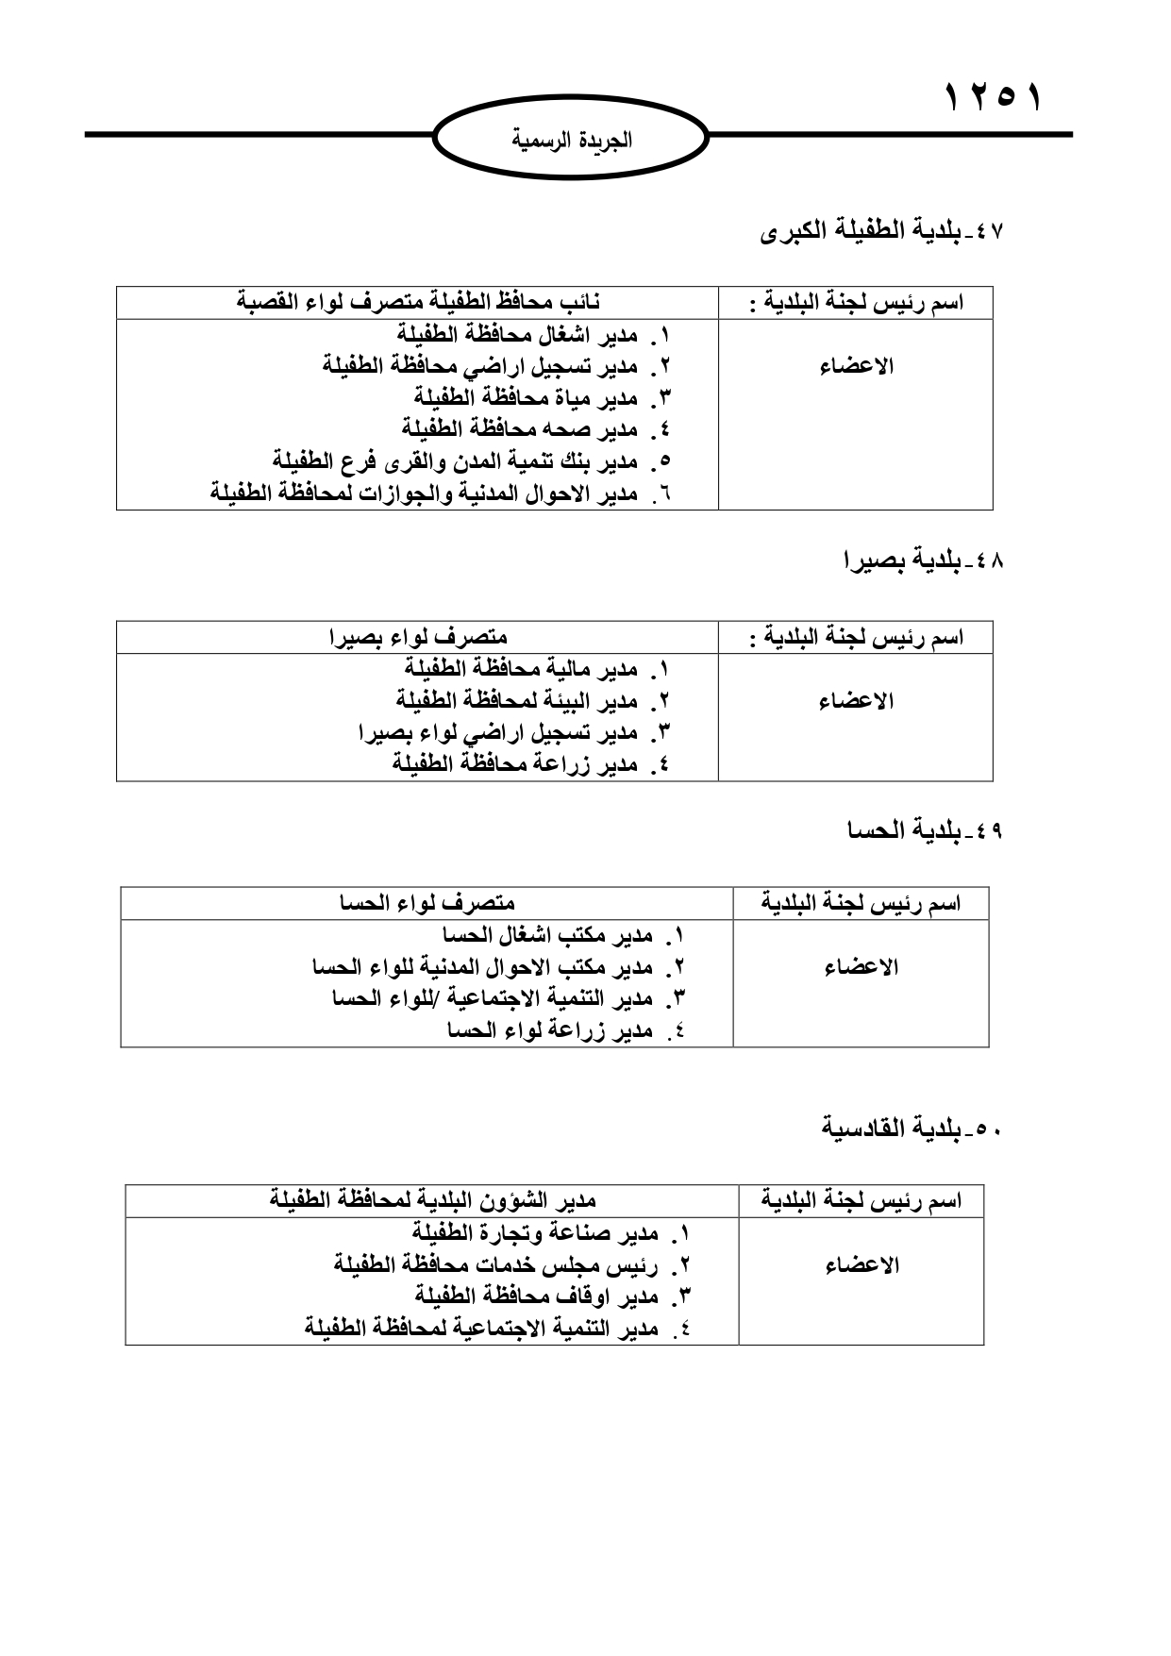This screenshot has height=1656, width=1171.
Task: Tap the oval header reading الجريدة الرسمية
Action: [572, 141]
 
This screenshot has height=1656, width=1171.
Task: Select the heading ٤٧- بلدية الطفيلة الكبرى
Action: [882, 231]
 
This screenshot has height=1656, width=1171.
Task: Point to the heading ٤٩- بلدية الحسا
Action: [925, 830]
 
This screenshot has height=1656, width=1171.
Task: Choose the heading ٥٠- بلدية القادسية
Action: [912, 1129]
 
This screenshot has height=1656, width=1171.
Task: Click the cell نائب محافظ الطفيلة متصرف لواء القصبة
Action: [418, 303]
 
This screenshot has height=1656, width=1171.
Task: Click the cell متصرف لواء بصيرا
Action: [418, 638]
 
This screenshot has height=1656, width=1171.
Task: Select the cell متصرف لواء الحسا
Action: [427, 904]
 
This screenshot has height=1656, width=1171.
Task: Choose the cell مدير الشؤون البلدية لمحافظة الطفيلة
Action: [432, 1201]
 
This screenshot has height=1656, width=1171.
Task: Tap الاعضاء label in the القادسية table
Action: [862, 1265]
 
